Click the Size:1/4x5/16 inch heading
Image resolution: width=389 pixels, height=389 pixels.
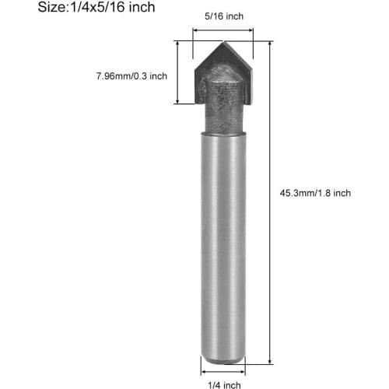click(96, 7)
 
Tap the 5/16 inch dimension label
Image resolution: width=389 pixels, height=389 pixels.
click(224, 16)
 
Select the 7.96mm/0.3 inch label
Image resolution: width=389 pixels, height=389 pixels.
click(131, 76)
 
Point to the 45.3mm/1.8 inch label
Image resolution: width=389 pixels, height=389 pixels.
click(315, 193)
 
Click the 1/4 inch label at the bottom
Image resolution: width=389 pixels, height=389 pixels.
click(224, 385)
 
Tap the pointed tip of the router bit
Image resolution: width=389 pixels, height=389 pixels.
click(224, 42)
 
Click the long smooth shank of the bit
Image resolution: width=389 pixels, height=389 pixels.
click(223, 247)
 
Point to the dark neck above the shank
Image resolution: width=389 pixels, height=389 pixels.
click(223, 111)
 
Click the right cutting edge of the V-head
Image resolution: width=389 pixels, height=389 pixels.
click(239, 56)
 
